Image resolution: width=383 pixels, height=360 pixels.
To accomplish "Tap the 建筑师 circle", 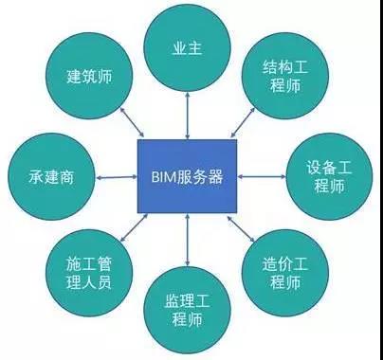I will point(91,76).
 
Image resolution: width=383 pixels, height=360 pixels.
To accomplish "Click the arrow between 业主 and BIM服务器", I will point(188,112).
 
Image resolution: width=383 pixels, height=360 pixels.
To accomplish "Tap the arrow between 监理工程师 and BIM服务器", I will point(188,242).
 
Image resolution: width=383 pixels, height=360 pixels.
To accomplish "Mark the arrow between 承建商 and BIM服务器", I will point(113,177).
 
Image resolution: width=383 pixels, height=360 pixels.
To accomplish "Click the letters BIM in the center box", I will point(165,176).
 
